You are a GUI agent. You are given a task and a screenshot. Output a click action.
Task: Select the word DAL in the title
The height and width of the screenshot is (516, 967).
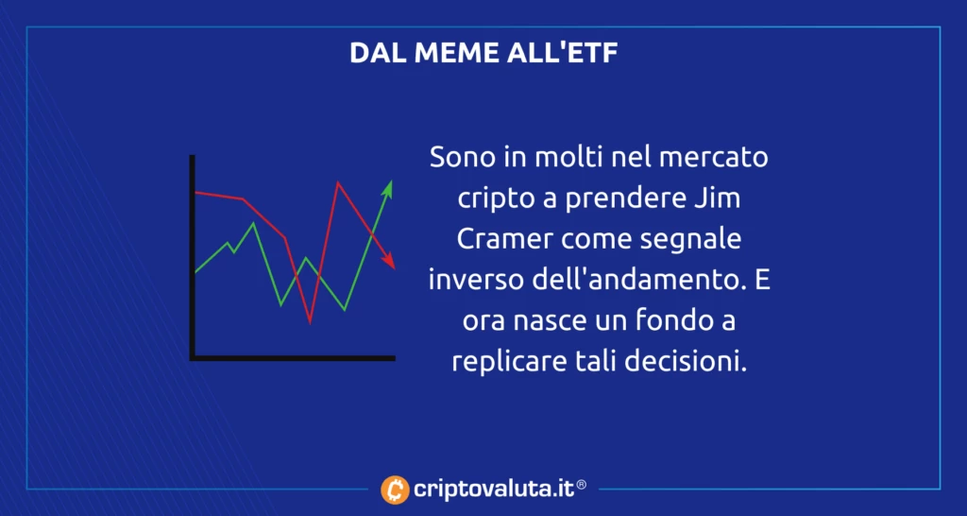pyautogui.click(x=375, y=53)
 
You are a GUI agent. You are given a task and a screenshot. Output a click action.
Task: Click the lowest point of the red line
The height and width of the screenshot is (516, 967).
pyautogui.click(x=310, y=321)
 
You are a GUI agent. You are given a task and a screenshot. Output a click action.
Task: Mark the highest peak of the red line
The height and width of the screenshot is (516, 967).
pyautogui.click(x=337, y=183)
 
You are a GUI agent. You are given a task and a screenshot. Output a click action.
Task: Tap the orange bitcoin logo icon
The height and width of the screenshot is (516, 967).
pyautogui.click(x=394, y=489)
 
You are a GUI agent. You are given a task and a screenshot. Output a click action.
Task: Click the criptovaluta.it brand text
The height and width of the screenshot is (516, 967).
pyautogui.click(x=492, y=489)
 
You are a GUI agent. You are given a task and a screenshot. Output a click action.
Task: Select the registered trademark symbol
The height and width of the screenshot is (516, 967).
pyautogui.click(x=582, y=485)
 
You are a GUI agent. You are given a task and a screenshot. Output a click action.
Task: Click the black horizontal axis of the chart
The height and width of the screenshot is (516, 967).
pyautogui.click(x=293, y=357)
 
